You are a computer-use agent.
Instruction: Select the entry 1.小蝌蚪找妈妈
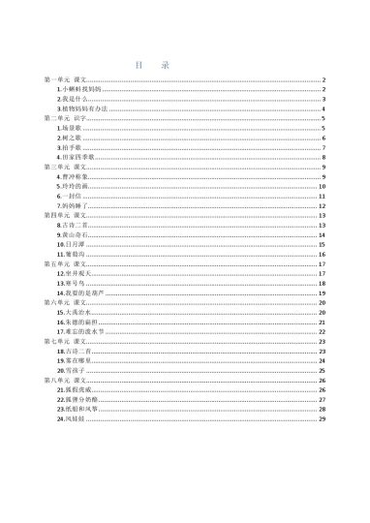tap(79, 89)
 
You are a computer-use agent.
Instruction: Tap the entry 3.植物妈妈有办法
tap(82, 109)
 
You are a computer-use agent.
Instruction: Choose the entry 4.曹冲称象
tap(75, 177)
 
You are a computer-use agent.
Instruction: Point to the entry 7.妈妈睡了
tap(75, 206)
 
